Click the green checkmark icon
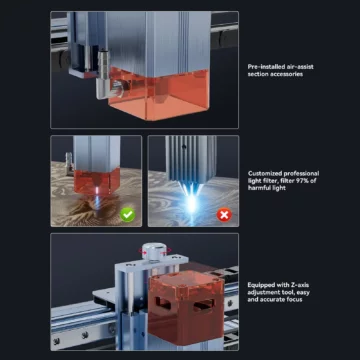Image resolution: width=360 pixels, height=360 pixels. pos(128,215)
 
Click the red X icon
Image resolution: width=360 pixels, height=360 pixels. pos(224,215)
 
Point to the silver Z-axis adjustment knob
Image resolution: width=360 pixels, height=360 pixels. pos(154,251)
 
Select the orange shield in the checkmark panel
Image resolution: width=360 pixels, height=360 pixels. pos(97,182)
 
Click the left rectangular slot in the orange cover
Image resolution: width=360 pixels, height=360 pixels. pos(163,304)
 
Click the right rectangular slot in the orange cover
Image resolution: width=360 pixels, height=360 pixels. pos(204,305)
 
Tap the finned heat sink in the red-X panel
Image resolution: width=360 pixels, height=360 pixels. pos(191,158)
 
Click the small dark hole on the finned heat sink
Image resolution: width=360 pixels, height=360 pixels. pos(183,146)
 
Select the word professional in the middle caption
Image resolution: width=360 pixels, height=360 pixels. pos(301,174)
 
